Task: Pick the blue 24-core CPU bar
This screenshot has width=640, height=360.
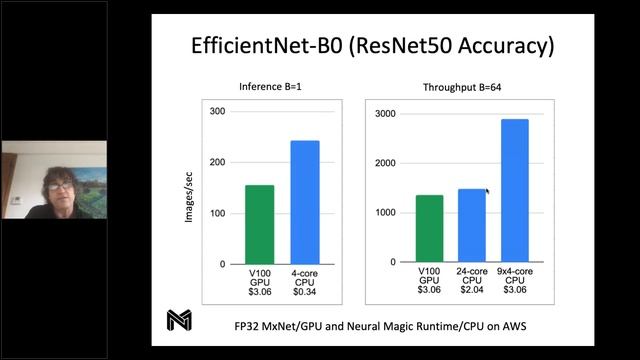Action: (x=471, y=226)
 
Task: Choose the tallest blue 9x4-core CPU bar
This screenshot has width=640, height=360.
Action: (x=514, y=191)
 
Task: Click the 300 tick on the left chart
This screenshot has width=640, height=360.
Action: (x=218, y=110)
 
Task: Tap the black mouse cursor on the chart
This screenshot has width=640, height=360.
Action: (x=488, y=193)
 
